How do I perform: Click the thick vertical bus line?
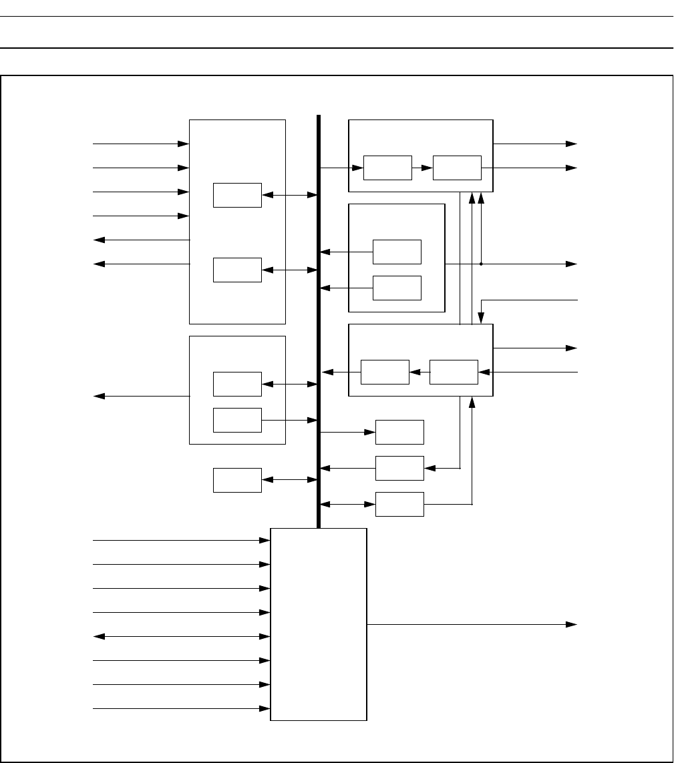click(x=319, y=320)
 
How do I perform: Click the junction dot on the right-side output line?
click(x=481, y=264)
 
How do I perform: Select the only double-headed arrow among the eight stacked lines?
click(x=180, y=636)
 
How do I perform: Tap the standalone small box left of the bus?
click(x=237, y=480)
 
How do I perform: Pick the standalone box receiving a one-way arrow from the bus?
click(x=399, y=432)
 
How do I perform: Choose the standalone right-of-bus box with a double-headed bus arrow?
click(x=399, y=504)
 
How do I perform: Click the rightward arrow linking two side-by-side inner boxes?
click(x=422, y=167)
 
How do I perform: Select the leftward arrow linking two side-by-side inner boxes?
click(x=419, y=372)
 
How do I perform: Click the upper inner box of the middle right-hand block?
click(x=397, y=252)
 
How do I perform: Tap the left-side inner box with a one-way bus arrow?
click(x=237, y=420)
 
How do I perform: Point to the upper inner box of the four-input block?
click(x=237, y=195)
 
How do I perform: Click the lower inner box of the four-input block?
click(x=237, y=270)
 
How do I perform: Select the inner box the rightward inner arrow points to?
click(x=457, y=167)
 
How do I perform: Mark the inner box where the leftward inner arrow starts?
click(x=454, y=372)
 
